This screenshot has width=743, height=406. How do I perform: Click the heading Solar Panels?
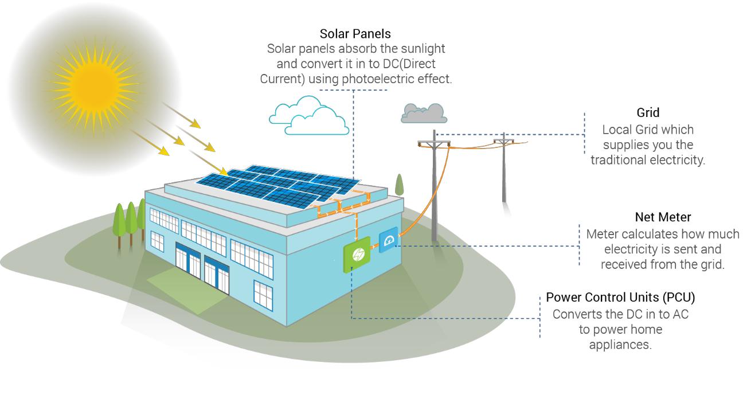coord(355,34)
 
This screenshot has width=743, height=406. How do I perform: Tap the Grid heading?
coord(648,113)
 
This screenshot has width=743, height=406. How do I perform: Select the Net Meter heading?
coord(663,217)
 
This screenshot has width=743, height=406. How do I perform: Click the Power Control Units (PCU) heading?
coord(620,298)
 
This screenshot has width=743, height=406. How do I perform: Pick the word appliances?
coord(620,345)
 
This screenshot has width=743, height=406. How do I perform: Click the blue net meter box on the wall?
coord(389,240)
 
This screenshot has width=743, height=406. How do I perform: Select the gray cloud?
coord(424,114)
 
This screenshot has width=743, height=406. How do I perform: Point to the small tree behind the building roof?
coord(400,185)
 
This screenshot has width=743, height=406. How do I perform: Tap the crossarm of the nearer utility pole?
coord(434,144)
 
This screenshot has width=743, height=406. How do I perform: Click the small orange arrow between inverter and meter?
coord(375,246)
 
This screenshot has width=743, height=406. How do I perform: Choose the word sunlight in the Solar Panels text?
coord(423,49)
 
